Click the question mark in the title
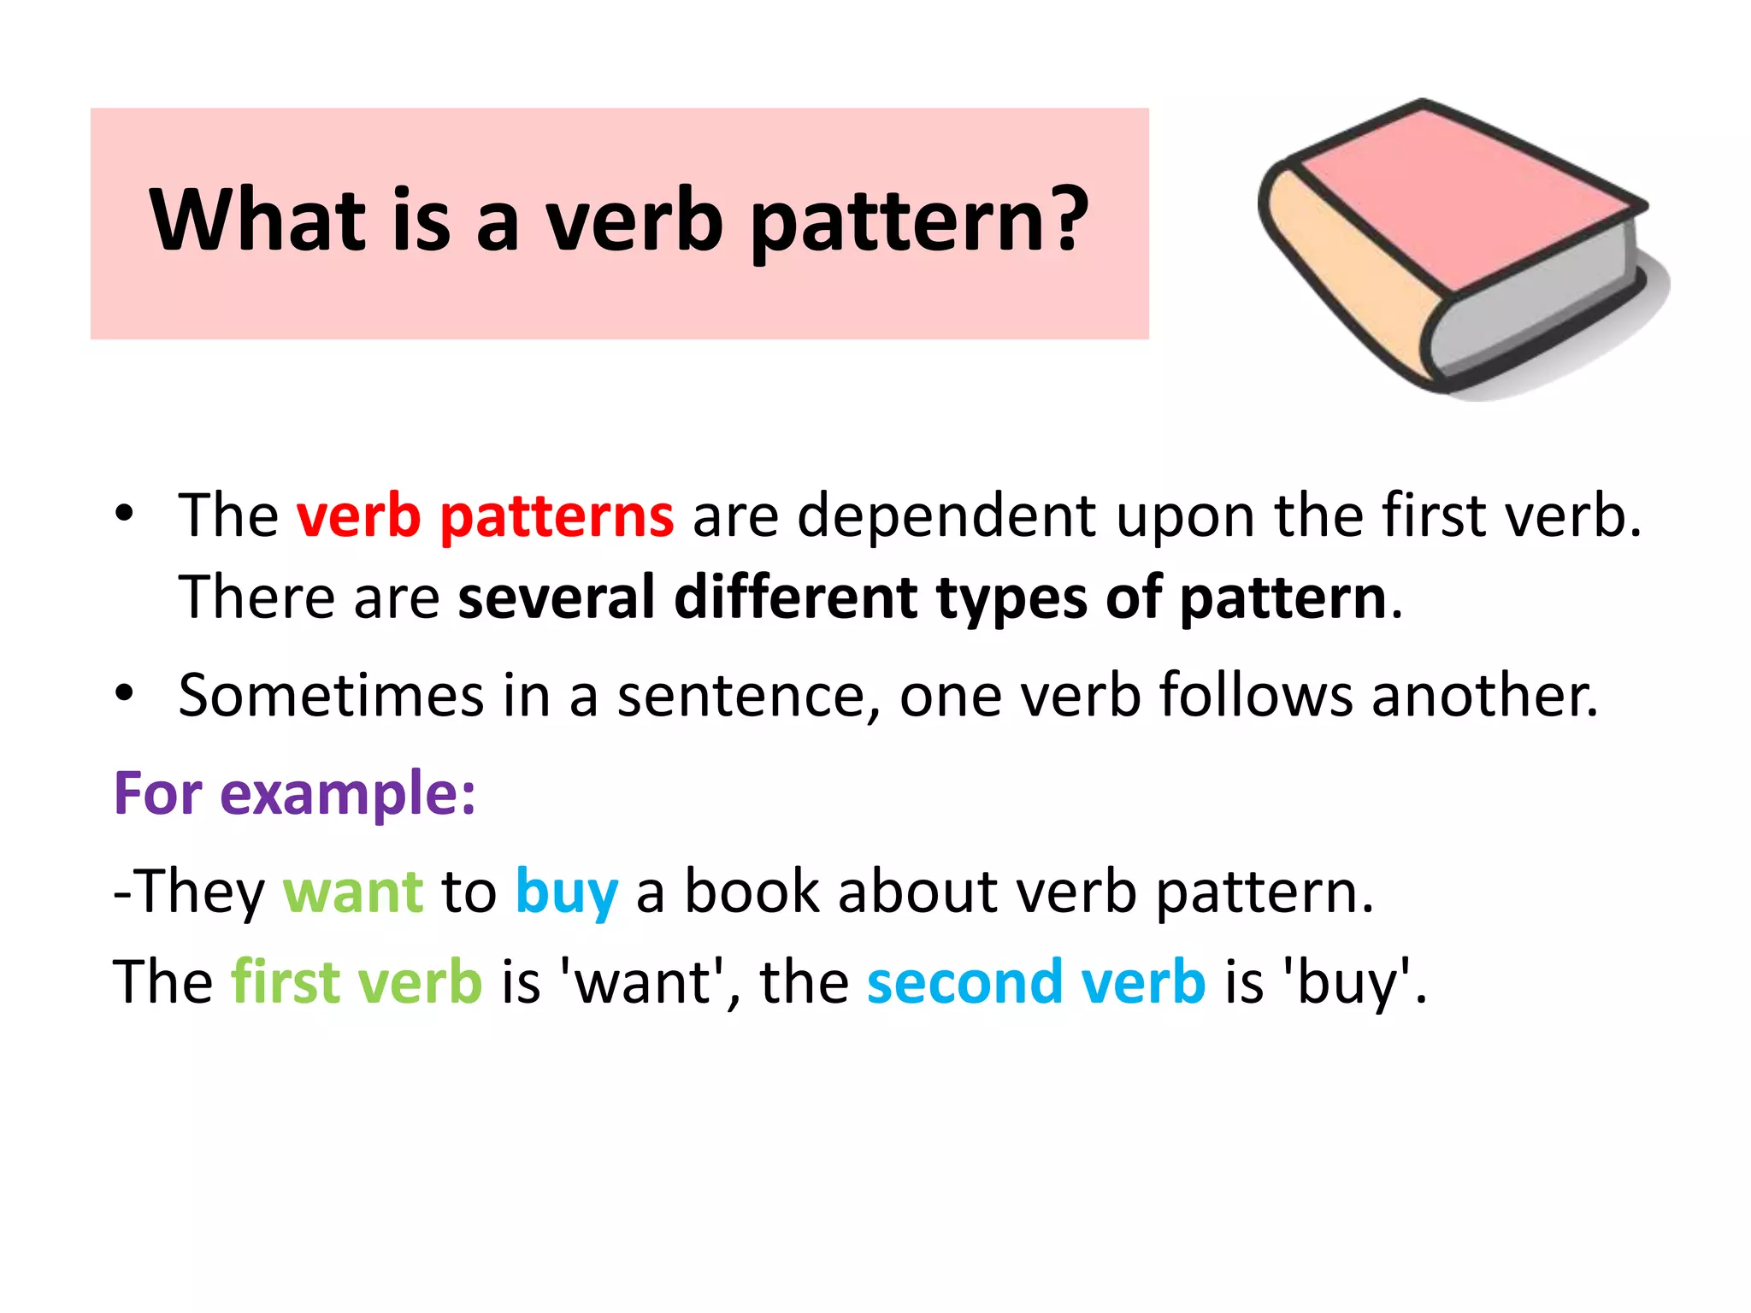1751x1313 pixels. click(x=1066, y=221)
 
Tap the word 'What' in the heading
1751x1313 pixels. click(x=257, y=221)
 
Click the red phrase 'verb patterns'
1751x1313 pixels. click(x=485, y=516)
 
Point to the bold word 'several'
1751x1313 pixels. click(x=556, y=598)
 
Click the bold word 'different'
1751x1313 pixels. click(x=795, y=598)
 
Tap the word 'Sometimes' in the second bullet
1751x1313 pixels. click(x=331, y=695)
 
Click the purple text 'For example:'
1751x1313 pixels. click(x=294, y=793)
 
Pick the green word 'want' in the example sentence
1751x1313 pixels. click(x=352, y=892)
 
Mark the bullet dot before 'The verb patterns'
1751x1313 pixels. click(x=125, y=514)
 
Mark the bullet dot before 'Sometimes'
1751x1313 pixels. click(x=125, y=692)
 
